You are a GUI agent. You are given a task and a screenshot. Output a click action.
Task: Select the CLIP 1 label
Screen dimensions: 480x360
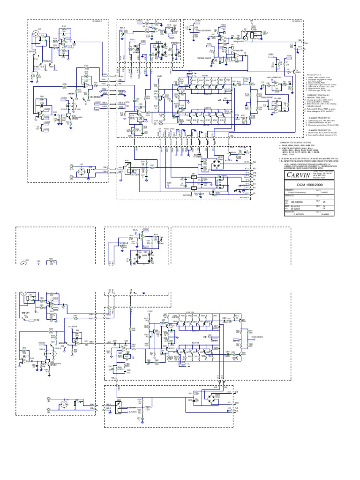[x=158, y=42]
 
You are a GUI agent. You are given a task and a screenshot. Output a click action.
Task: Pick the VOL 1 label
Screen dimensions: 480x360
[x=122, y=27]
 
